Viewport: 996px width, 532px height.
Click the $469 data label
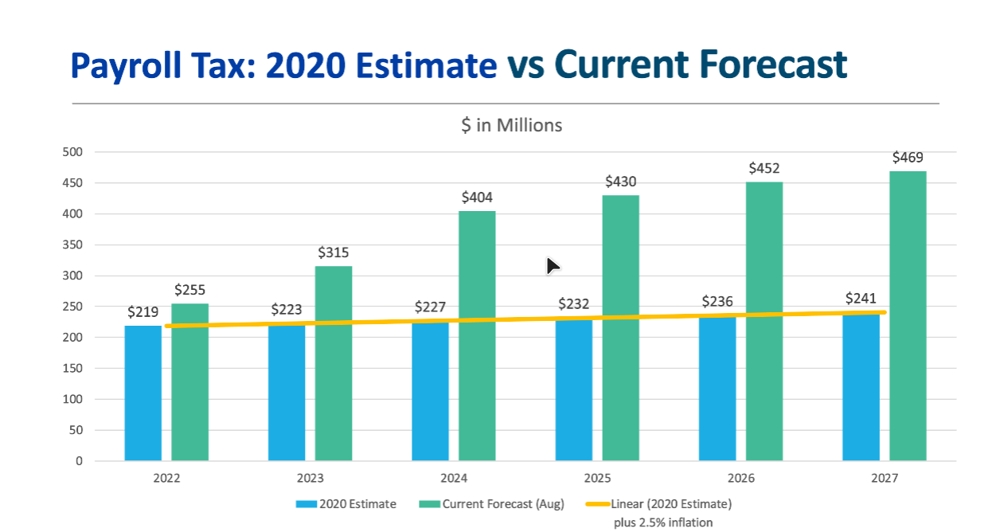click(908, 157)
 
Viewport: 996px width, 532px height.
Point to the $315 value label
click(334, 252)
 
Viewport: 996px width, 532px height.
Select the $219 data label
click(143, 312)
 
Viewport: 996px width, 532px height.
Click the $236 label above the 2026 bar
click(717, 302)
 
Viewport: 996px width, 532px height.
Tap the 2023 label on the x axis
click(311, 479)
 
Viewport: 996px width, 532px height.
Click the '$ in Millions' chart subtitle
click(511, 125)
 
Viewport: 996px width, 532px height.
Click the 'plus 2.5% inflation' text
click(662, 522)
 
